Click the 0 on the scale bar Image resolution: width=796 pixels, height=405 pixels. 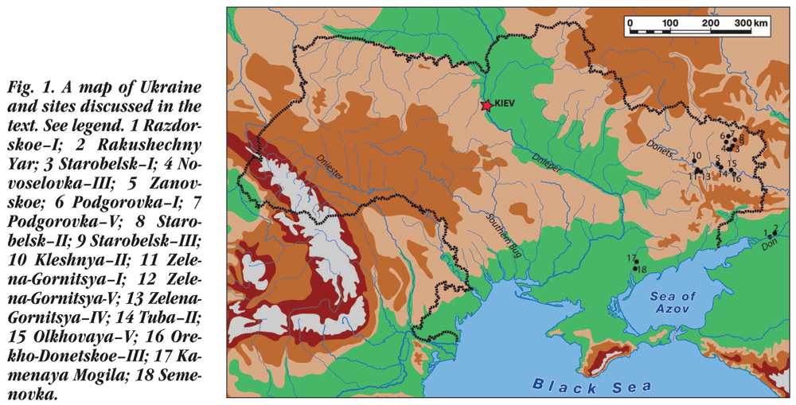[630, 23]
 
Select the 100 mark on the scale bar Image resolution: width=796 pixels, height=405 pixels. [669, 23]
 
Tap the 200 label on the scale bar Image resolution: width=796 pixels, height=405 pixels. [711, 23]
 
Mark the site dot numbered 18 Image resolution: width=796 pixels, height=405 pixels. [634, 268]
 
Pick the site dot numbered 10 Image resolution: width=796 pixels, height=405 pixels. [695, 162]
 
